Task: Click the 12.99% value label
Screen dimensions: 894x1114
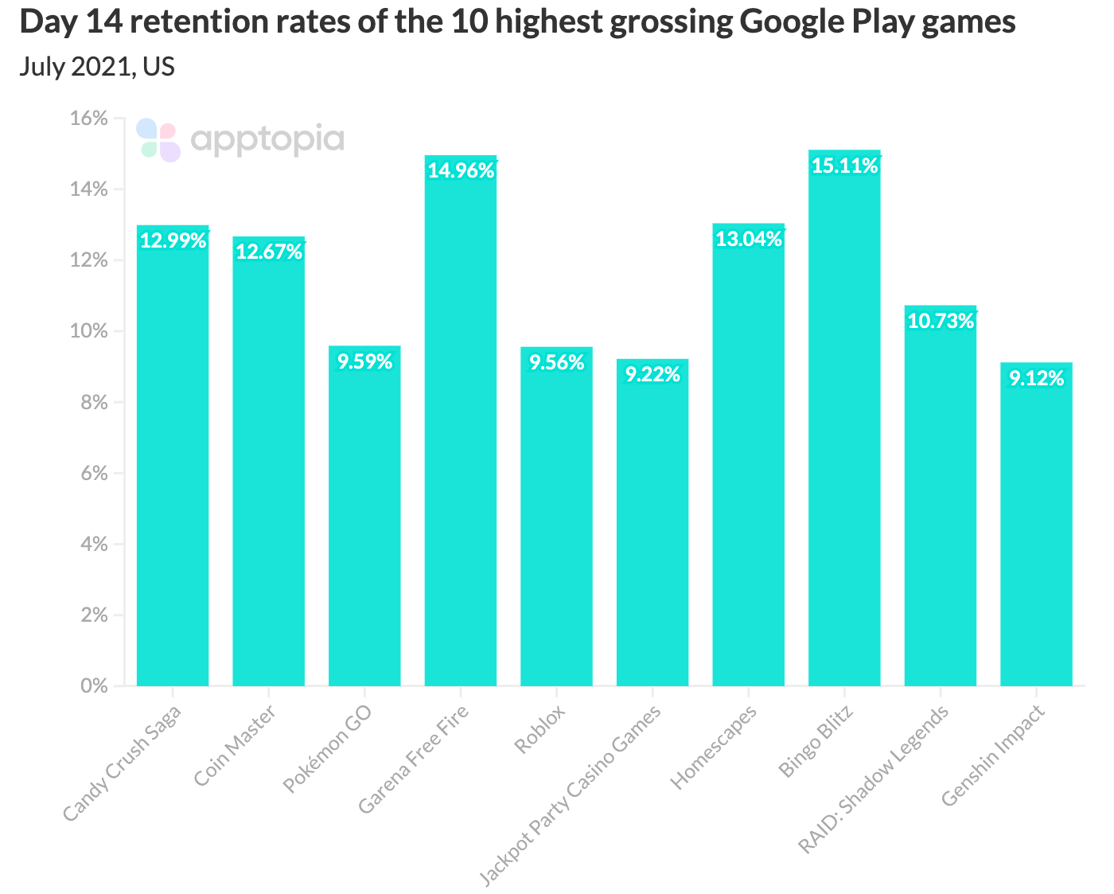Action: (x=173, y=240)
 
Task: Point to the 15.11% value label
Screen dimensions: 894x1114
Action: (x=844, y=166)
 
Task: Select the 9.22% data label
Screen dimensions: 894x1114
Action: (x=652, y=374)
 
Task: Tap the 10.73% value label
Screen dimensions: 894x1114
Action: (x=941, y=321)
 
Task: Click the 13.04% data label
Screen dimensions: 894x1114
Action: (x=749, y=238)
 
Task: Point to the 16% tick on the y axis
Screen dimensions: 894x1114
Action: (x=88, y=119)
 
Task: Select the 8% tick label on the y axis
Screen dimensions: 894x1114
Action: (x=92, y=402)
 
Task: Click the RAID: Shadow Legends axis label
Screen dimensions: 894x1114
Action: (x=874, y=779)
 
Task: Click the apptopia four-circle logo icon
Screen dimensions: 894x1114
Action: (x=158, y=140)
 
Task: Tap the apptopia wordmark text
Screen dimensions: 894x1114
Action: (x=267, y=140)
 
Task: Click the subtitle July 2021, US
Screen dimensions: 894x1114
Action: (x=97, y=67)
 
